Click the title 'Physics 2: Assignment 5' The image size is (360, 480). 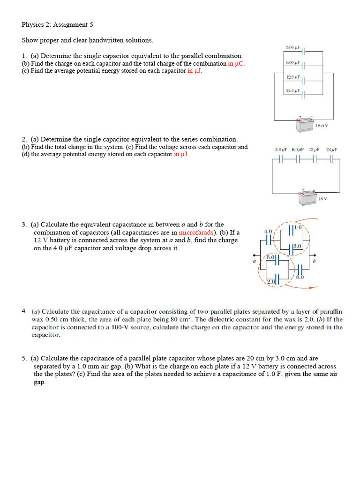coord(60,24)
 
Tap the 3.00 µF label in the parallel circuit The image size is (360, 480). coord(292,48)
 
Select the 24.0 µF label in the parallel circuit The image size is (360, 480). coord(292,90)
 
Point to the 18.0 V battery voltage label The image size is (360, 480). coord(322,126)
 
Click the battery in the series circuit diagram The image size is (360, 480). coord(308,198)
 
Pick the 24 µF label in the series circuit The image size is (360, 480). coord(331,150)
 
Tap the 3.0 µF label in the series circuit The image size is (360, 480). coord(281,150)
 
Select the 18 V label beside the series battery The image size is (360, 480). coord(322,199)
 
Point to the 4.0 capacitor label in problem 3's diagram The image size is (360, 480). coord(268,232)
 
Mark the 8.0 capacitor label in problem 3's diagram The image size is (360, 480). coord(300,277)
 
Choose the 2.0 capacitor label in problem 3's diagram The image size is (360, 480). coord(271,281)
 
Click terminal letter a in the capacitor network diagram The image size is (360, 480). coord(254,261)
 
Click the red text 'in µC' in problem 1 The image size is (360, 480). coord(236,63)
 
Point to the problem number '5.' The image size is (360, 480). coord(24,358)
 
